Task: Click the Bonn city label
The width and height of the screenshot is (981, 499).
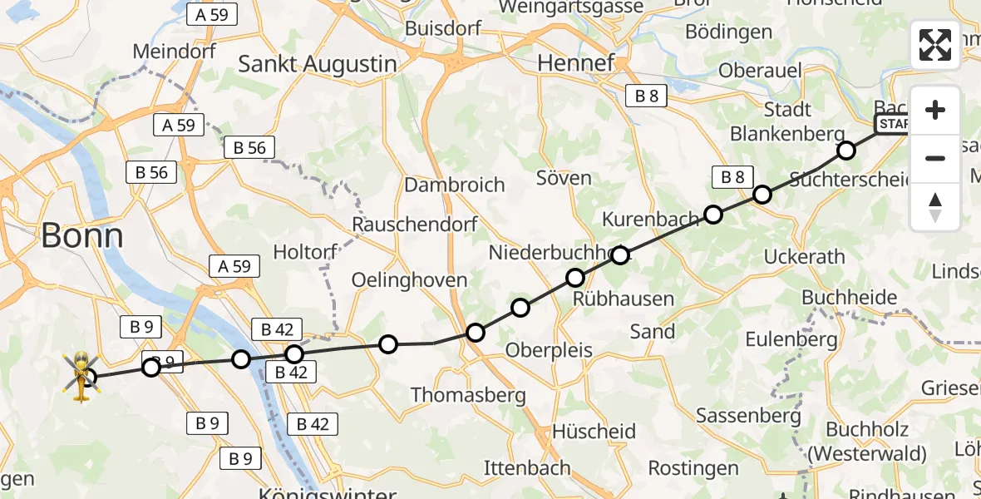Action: [x=81, y=236]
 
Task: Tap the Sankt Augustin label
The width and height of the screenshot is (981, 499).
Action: [x=317, y=64]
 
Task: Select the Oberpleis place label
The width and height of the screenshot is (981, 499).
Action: [x=549, y=349]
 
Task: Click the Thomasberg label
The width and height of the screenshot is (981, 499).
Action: [x=468, y=394]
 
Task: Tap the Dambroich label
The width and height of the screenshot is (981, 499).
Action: [x=455, y=184]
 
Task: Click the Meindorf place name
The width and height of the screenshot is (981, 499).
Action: [x=175, y=51]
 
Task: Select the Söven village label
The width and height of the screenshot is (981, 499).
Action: [x=564, y=178]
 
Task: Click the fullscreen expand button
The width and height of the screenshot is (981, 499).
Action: [x=935, y=45]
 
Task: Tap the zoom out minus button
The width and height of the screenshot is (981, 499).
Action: [x=935, y=158]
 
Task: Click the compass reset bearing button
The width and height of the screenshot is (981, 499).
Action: [x=935, y=206]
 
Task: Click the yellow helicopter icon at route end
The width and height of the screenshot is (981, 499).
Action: [x=81, y=374]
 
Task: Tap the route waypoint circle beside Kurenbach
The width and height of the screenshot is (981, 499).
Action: [x=713, y=215]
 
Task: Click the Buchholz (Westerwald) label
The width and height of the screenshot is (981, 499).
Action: [x=876, y=442]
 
